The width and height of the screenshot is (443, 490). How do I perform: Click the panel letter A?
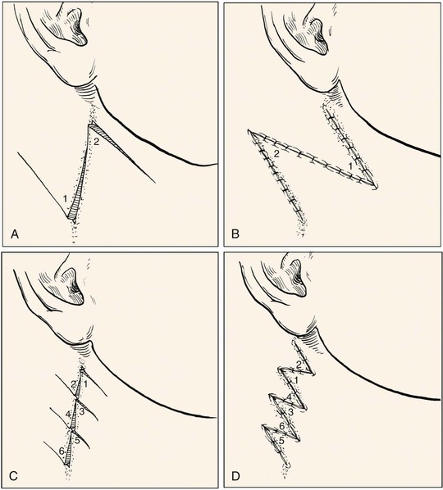(15, 234)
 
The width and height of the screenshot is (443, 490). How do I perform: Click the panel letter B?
(235, 234)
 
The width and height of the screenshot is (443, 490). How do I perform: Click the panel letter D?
(235, 476)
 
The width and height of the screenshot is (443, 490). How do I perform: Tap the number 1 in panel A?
(65, 198)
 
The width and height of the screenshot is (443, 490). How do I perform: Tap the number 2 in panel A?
(96, 142)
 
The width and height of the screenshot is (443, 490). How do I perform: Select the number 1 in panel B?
(351, 167)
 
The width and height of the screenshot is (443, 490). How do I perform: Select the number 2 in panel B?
(276, 153)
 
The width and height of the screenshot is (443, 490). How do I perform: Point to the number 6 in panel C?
(62, 451)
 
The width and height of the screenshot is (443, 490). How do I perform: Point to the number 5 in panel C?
(77, 441)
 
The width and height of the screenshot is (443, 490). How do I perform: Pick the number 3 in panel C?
(82, 412)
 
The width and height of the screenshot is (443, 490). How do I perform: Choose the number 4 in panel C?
(68, 415)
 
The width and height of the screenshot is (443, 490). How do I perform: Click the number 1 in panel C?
(86, 383)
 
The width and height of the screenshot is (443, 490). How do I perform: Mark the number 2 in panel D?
(299, 365)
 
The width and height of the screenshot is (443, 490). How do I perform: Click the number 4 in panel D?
(290, 397)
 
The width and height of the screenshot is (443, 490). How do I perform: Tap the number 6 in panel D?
(281, 426)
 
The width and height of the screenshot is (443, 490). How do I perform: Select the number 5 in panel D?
(281, 441)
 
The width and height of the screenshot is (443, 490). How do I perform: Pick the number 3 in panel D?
(290, 412)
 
